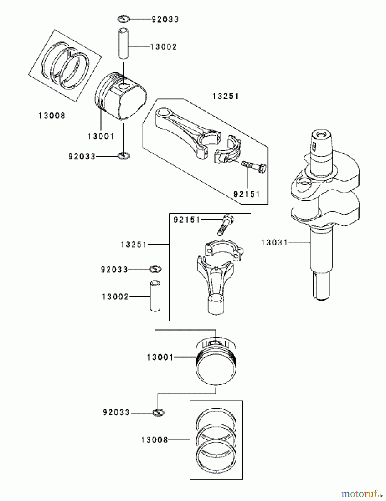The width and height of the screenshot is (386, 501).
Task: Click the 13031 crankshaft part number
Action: (274, 243)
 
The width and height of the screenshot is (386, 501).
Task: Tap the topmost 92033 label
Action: (165, 19)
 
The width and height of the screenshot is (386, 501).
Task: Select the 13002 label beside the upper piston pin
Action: (163, 47)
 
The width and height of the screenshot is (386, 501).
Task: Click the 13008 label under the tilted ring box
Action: (52, 116)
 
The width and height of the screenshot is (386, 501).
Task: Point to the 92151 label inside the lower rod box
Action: (187, 220)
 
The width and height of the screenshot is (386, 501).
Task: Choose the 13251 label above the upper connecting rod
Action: (226, 96)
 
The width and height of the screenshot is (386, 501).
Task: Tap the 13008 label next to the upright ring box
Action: (155, 440)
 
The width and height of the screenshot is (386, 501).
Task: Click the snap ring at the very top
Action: (123, 19)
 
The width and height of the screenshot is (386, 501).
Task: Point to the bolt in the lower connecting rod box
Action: (225, 225)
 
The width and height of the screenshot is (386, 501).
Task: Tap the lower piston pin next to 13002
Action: (155, 296)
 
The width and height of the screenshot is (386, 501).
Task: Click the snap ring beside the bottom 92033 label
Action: (158, 412)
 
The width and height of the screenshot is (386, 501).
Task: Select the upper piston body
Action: (121, 96)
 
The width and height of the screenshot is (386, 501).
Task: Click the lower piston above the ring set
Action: (216, 362)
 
